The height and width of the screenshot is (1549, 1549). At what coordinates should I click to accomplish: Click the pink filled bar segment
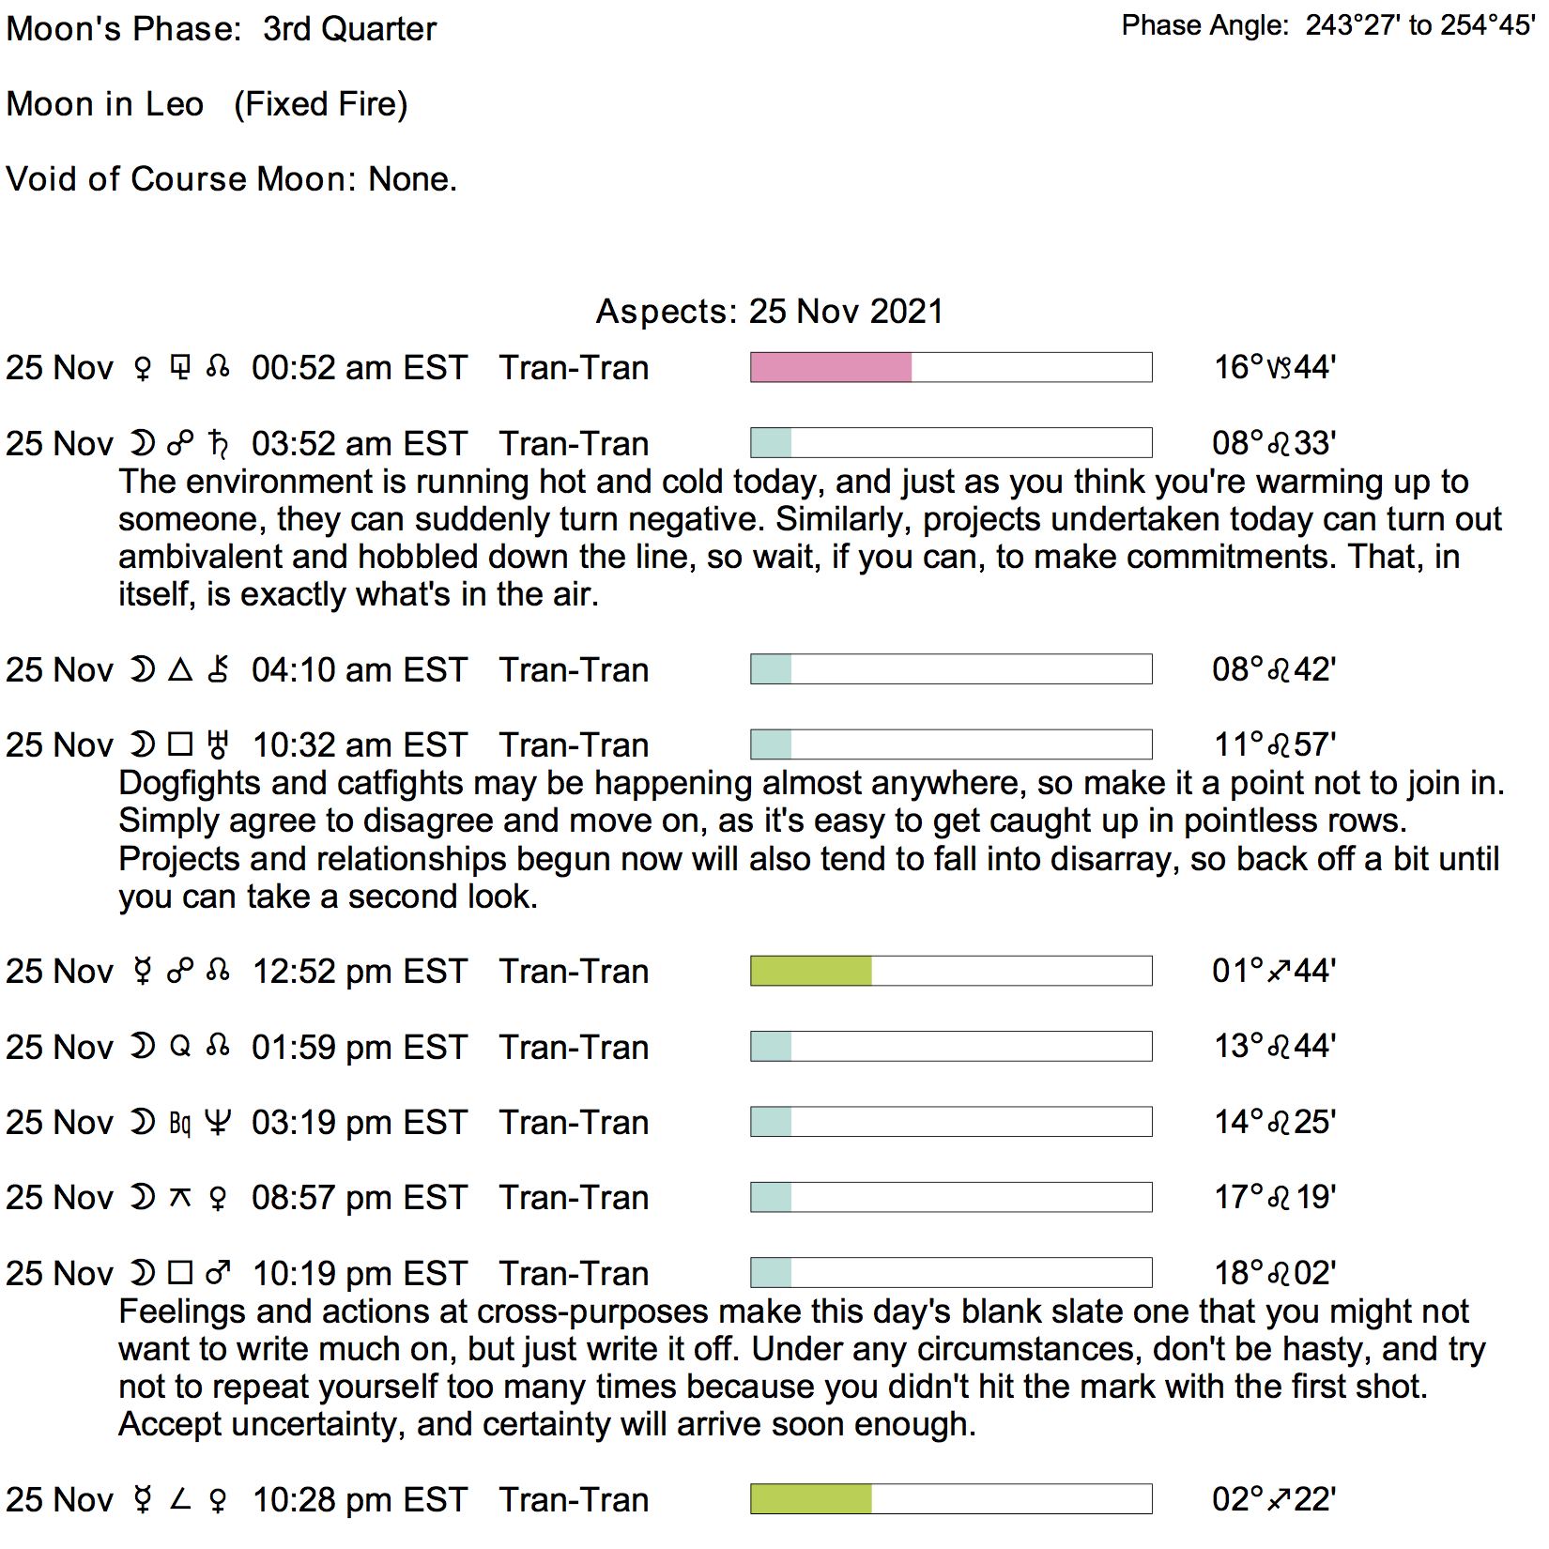[831, 367]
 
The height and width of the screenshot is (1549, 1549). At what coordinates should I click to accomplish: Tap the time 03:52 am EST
[359, 444]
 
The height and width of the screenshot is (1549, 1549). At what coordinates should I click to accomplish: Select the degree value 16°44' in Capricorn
[1274, 367]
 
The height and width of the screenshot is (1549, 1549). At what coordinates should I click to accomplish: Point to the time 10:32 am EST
[359, 745]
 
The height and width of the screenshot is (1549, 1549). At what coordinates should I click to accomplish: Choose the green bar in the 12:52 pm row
[811, 971]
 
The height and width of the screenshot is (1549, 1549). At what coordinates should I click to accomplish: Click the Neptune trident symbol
[218, 1123]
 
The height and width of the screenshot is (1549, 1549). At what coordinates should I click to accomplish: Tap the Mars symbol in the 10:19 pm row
[218, 1273]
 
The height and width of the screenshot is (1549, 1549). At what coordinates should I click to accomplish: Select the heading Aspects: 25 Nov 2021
[769, 311]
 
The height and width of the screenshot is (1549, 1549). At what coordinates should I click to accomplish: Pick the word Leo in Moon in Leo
[175, 104]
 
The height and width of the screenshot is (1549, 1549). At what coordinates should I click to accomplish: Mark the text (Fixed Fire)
[320, 104]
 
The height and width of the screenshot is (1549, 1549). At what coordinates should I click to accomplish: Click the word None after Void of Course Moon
[411, 178]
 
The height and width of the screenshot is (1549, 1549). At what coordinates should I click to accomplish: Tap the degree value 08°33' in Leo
[1274, 443]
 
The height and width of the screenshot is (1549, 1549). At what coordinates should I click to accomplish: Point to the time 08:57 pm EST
[359, 1198]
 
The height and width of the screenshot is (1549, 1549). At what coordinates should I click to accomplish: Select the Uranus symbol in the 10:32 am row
[218, 745]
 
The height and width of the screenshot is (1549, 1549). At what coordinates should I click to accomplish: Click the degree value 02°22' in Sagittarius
[1274, 1499]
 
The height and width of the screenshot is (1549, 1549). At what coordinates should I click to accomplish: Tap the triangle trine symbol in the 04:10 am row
[180, 669]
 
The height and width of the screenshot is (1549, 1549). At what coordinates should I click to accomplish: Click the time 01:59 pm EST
[359, 1047]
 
